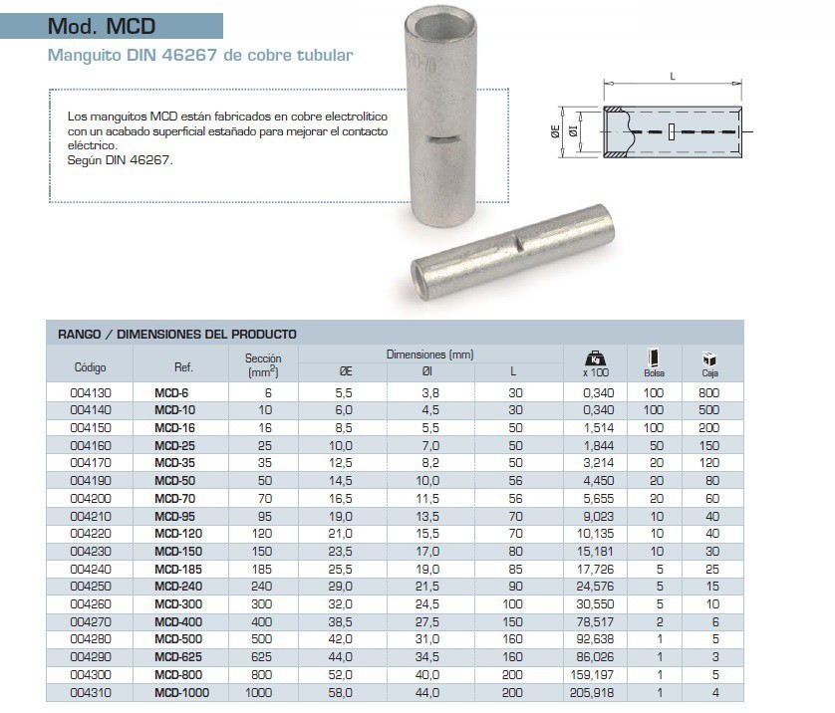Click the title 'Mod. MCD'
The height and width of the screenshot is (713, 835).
point(103,26)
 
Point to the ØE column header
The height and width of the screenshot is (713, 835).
point(345,370)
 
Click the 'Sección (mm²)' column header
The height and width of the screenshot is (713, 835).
point(263,364)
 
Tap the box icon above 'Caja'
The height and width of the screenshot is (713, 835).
point(709,359)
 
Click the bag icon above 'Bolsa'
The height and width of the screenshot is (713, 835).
point(654,357)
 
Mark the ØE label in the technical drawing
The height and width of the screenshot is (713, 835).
point(556,131)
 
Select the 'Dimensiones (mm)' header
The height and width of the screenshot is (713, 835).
point(429,355)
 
